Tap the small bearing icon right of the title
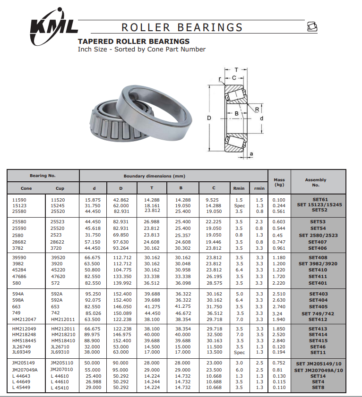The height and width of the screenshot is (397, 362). click(311, 26)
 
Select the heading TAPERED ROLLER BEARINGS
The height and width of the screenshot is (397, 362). click(134, 42)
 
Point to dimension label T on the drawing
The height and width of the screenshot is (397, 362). click(236, 69)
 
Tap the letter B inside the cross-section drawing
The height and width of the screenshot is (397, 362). click(236, 113)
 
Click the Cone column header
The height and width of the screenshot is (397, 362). click(26, 188)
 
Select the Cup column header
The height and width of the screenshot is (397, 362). click(60, 188)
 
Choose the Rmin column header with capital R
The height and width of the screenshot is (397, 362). click(239, 188)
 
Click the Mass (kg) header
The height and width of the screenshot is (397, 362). click(279, 182)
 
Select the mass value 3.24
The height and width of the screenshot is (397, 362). click(279, 313)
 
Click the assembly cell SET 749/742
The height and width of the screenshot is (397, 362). click(319, 313)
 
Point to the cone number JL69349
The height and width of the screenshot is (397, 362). click(21, 352)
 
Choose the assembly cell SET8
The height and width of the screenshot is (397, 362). click(318, 388)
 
